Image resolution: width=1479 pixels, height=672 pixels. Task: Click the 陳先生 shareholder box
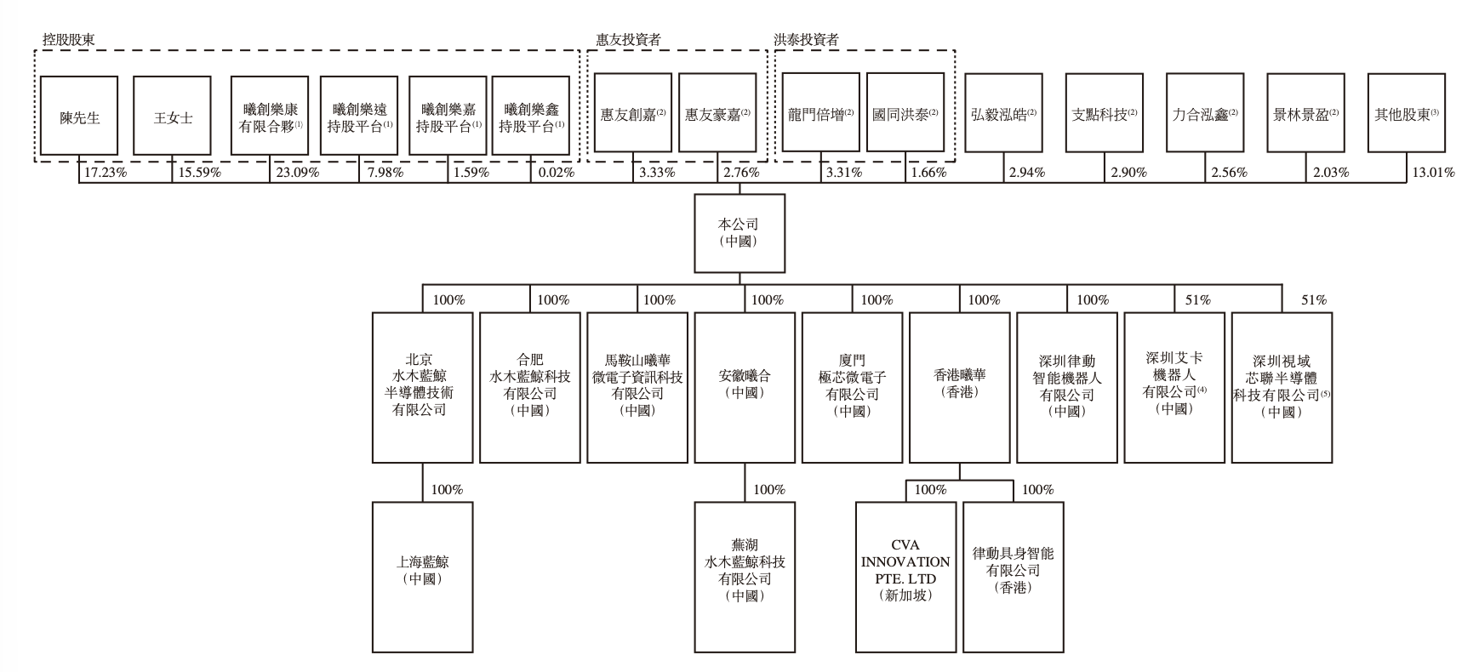pyautogui.click(x=79, y=117)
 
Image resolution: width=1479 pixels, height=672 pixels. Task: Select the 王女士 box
pyautogui.click(x=173, y=117)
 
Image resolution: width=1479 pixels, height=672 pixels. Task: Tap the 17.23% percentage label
pyautogui.click(x=106, y=173)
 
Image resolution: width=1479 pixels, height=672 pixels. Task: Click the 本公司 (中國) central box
pyautogui.click(x=739, y=233)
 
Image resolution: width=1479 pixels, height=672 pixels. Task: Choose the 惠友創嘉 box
pyautogui.click(x=632, y=114)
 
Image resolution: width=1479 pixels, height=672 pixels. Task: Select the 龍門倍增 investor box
pyautogui.click(x=820, y=114)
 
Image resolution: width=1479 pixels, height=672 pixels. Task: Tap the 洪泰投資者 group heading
pyautogui.click(x=806, y=40)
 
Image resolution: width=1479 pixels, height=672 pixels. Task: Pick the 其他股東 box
pyautogui.click(x=1406, y=114)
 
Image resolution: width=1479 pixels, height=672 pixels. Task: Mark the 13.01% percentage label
pyautogui.click(x=1433, y=173)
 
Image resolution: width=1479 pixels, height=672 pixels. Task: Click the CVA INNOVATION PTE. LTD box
pyautogui.click(x=905, y=577)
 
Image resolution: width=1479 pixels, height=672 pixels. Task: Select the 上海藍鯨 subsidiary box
pyautogui.click(x=422, y=577)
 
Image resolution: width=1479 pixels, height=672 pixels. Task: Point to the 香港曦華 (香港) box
pyautogui.click(x=959, y=387)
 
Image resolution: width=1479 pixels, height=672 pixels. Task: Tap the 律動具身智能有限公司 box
pyautogui.click(x=1013, y=577)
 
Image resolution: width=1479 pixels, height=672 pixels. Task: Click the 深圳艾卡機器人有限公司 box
pyautogui.click(x=1174, y=387)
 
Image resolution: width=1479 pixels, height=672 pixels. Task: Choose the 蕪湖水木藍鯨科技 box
pyautogui.click(x=745, y=577)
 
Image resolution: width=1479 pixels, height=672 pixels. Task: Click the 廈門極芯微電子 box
pyautogui.click(x=852, y=387)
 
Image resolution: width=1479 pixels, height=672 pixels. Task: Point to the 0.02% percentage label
pyautogui.click(x=557, y=173)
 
